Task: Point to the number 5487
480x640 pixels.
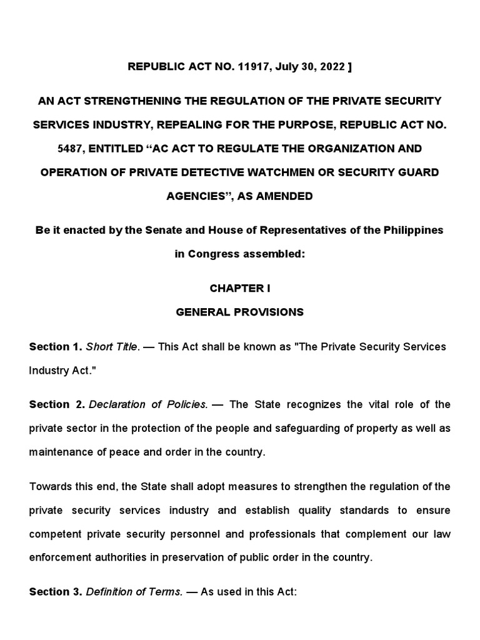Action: click(x=50, y=148)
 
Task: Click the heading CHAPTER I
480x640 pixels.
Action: click(x=240, y=288)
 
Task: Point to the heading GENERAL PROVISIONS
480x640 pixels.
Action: click(x=240, y=312)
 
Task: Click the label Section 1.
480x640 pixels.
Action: click(x=55, y=346)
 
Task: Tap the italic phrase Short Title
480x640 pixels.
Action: click(x=111, y=346)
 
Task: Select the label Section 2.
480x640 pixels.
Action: click(x=55, y=404)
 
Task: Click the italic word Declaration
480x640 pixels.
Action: click(x=119, y=404)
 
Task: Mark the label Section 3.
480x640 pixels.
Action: click(x=55, y=592)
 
